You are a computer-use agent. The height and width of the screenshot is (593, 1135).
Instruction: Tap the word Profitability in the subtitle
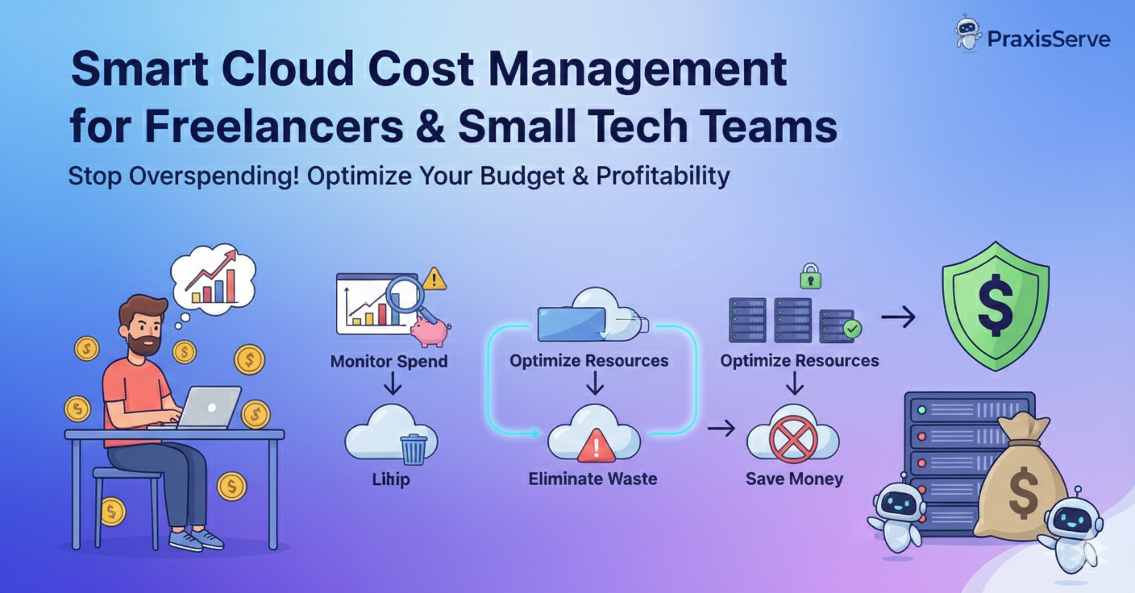[x=663, y=176]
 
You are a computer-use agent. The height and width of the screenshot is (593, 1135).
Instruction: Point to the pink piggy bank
[x=430, y=330]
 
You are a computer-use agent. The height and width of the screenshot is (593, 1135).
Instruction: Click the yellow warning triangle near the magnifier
[x=434, y=280]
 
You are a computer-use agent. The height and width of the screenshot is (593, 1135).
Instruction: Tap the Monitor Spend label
[x=389, y=361]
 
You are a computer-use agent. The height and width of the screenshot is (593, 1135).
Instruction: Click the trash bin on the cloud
[x=414, y=449]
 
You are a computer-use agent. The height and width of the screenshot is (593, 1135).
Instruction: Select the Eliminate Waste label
[x=592, y=479]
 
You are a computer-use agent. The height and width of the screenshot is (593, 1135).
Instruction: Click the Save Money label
[x=794, y=479]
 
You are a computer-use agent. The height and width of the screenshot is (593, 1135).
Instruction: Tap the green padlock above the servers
[x=809, y=278]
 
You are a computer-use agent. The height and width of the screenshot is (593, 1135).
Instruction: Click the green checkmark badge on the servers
[x=850, y=328]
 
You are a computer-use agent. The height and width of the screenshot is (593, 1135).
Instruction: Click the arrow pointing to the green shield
[x=898, y=317]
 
